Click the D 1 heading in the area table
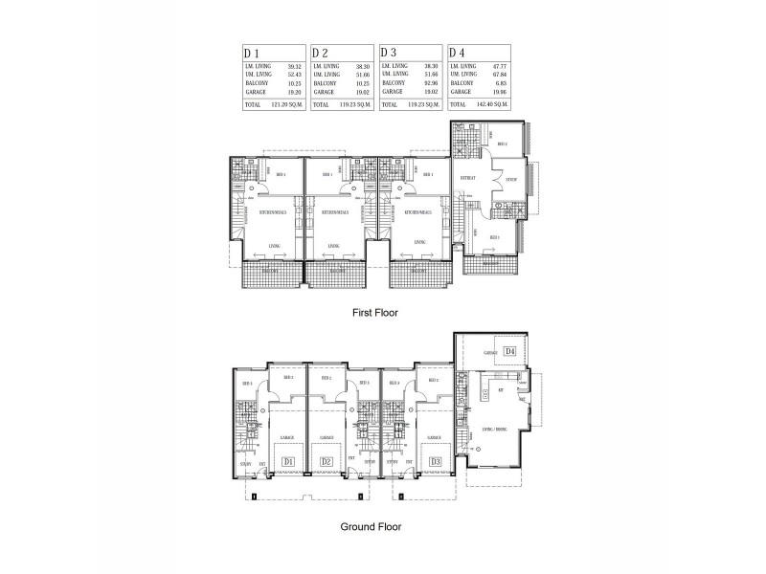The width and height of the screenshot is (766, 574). [252, 53]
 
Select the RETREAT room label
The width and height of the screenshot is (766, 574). [468, 178]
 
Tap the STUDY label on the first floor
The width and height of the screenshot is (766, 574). [512, 176]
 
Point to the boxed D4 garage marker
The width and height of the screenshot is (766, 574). [510, 352]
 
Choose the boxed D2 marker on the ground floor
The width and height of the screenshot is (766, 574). [327, 462]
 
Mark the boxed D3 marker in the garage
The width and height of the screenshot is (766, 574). [436, 462]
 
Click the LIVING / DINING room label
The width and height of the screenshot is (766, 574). [495, 430]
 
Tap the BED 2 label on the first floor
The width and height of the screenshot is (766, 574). [501, 144]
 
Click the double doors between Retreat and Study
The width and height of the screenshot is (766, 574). [493, 178]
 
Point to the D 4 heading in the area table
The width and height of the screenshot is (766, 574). [457, 53]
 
